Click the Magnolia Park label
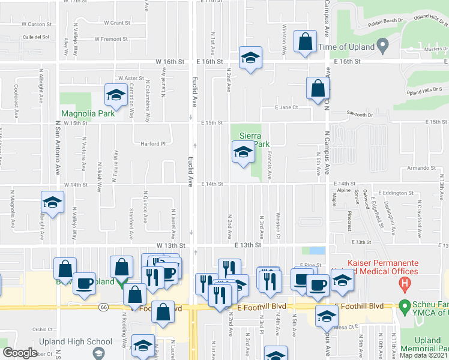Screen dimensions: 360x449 tap(84, 113)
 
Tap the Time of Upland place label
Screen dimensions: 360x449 tap(346, 47)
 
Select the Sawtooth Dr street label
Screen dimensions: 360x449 tap(361, 113)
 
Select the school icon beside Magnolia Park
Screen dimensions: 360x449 tap(114, 94)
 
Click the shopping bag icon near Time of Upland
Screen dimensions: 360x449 tap(306, 42)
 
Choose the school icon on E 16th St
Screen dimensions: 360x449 tap(249, 58)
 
